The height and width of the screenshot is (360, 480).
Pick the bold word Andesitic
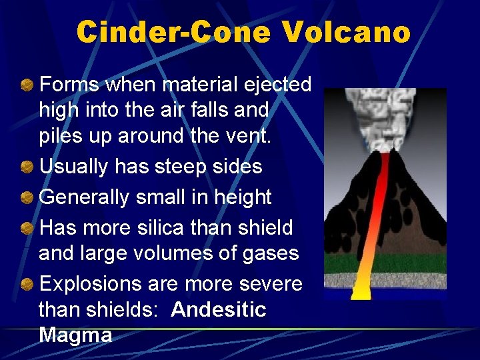(x=219, y=309)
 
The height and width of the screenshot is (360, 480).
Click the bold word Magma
(x=75, y=335)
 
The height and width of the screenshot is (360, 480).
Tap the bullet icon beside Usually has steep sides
(x=27, y=167)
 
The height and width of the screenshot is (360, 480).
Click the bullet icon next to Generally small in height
(x=27, y=197)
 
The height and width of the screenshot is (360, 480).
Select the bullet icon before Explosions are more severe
(x=27, y=284)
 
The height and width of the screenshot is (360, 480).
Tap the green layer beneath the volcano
(x=413, y=262)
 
